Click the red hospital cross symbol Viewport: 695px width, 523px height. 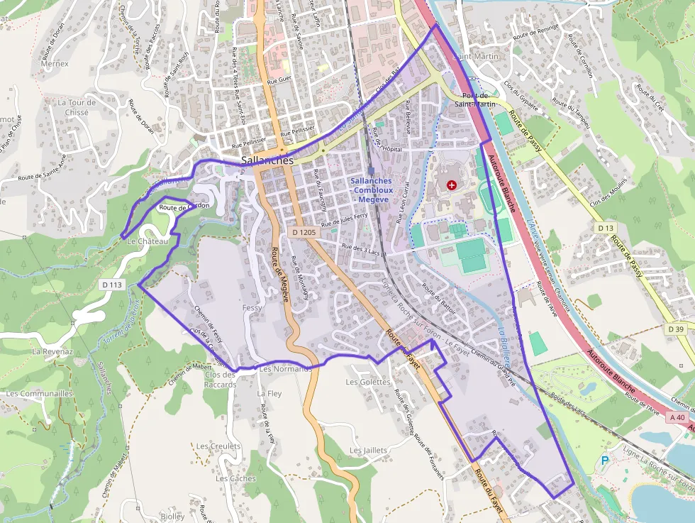(452, 185)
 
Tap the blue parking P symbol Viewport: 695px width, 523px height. (605, 461)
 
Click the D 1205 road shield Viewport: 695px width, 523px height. (304, 232)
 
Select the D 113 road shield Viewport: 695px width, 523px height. (112, 285)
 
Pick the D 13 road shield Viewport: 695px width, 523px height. (605, 228)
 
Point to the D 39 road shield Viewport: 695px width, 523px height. (676, 329)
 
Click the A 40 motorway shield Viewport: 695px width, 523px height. (677, 418)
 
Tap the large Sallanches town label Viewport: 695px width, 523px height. (267, 161)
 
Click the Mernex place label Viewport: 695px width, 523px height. (55, 63)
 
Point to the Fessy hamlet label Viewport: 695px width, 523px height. (252, 308)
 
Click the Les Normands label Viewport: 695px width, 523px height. (286, 369)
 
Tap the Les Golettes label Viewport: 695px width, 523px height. (367, 382)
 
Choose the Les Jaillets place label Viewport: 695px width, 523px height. (369, 451)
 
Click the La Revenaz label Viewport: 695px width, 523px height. (52, 351)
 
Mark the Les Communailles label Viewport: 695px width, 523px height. (39, 393)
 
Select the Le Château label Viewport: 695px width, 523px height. (148, 241)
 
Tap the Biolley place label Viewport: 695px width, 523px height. (172, 517)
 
